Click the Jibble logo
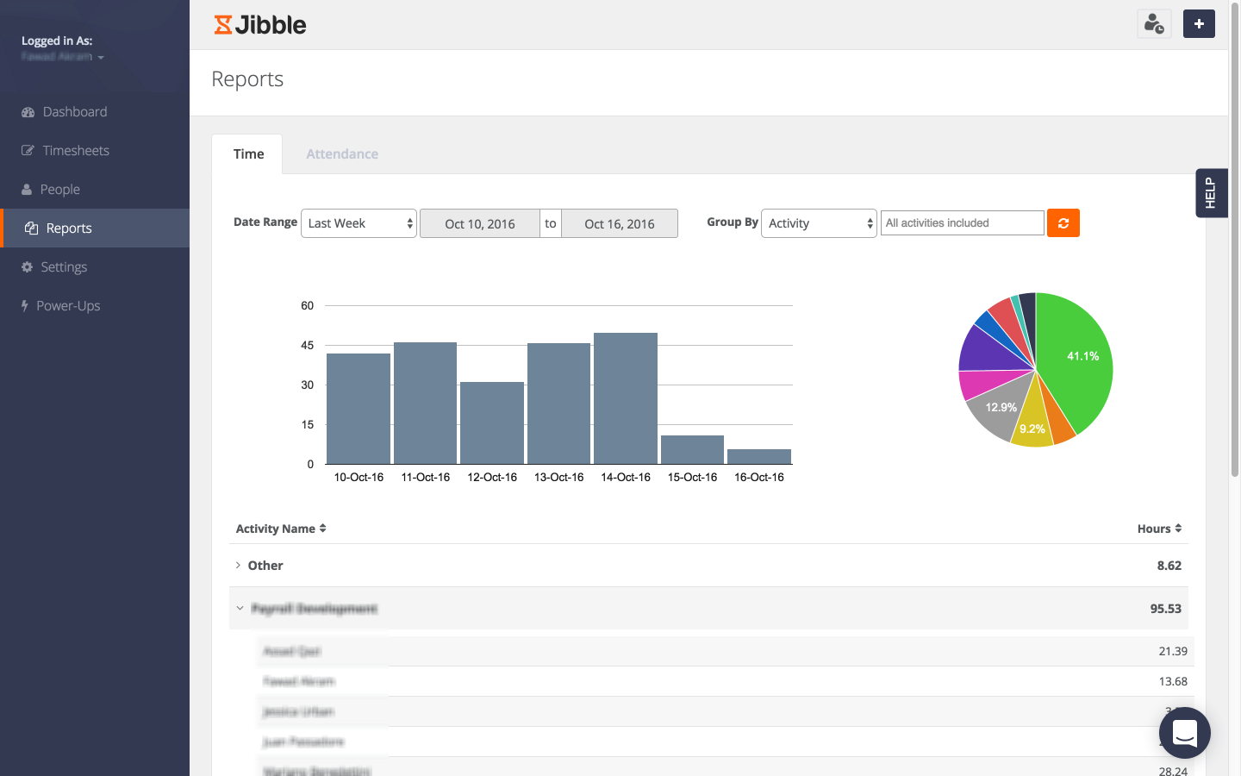click(x=260, y=25)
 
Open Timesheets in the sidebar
click(x=76, y=151)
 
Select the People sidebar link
click(x=59, y=190)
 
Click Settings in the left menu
click(x=64, y=267)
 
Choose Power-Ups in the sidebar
click(x=68, y=306)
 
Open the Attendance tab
click(x=342, y=154)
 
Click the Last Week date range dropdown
click(x=359, y=223)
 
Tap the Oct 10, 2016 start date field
click(x=480, y=224)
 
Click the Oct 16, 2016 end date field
click(x=620, y=224)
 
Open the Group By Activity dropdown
click(x=819, y=223)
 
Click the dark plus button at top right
click(x=1199, y=24)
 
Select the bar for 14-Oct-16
click(x=626, y=398)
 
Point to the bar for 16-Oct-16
click(x=759, y=457)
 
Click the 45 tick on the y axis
click(x=308, y=346)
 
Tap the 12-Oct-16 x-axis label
click(x=492, y=478)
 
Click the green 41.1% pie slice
click(x=1077, y=362)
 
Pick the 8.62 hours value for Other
click(x=1169, y=566)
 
